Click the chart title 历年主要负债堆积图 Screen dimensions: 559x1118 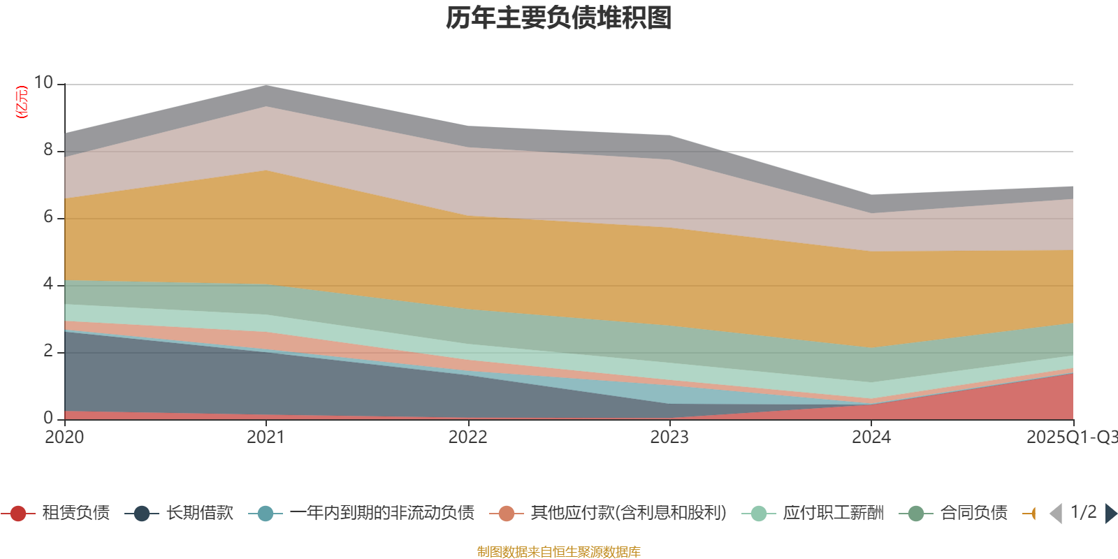coord(559,18)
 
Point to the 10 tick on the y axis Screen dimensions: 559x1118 coord(43,82)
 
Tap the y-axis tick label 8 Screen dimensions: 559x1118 coord(48,150)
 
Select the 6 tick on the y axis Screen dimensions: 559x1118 coord(48,217)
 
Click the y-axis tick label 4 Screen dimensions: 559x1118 coord(48,284)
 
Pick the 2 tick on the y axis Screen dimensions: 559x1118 coord(48,351)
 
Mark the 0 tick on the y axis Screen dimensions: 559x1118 coord(48,418)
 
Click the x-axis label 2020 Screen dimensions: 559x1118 coord(64,437)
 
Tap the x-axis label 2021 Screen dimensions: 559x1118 coord(266,437)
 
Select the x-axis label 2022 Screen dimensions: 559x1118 coord(467,437)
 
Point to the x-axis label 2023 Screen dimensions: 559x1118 coord(669,437)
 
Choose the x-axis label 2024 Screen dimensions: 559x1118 coord(871,437)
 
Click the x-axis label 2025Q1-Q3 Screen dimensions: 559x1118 coord(1071,437)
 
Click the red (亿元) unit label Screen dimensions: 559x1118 coord(22,102)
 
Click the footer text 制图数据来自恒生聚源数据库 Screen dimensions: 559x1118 coord(559,552)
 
